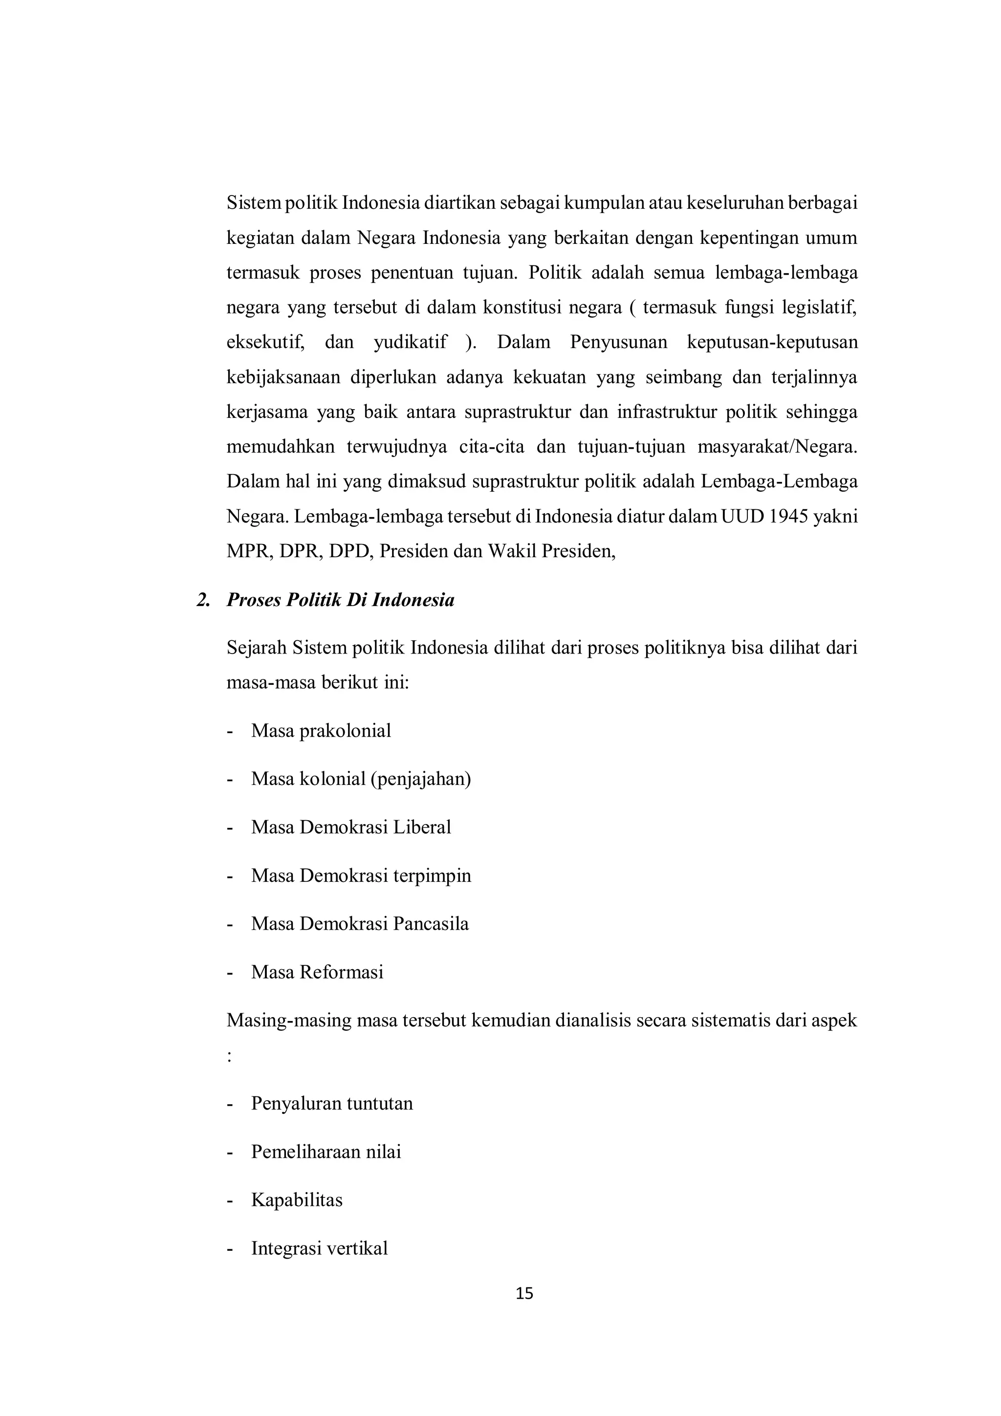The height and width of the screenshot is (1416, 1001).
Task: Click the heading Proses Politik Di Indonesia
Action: [x=341, y=600]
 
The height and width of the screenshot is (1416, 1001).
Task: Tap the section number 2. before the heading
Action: [x=203, y=600]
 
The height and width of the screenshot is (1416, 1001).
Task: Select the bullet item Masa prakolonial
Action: [x=321, y=731]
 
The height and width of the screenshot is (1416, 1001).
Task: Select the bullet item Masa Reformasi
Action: [x=317, y=972]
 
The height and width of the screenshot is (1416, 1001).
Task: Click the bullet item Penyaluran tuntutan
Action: [x=332, y=1103]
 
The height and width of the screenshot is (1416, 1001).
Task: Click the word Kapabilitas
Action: [x=297, y=1199]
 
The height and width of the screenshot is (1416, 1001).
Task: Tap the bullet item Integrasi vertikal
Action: [x=320, y=1248]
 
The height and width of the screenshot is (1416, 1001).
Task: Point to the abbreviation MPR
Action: [x=249, y=551]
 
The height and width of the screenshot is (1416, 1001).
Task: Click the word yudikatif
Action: [x=410, y=342]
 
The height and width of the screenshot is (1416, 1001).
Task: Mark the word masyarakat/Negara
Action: [x=777, y=447]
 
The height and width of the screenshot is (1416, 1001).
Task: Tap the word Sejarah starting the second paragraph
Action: [x=257, y=648]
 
